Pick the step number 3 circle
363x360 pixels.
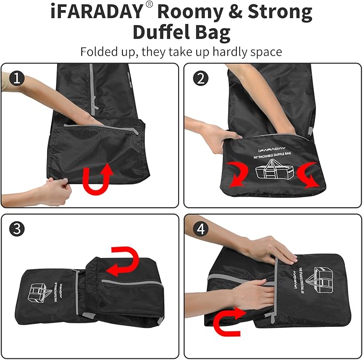click(x=17, y=229)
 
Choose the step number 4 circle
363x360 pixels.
click(x=201, y=229)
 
